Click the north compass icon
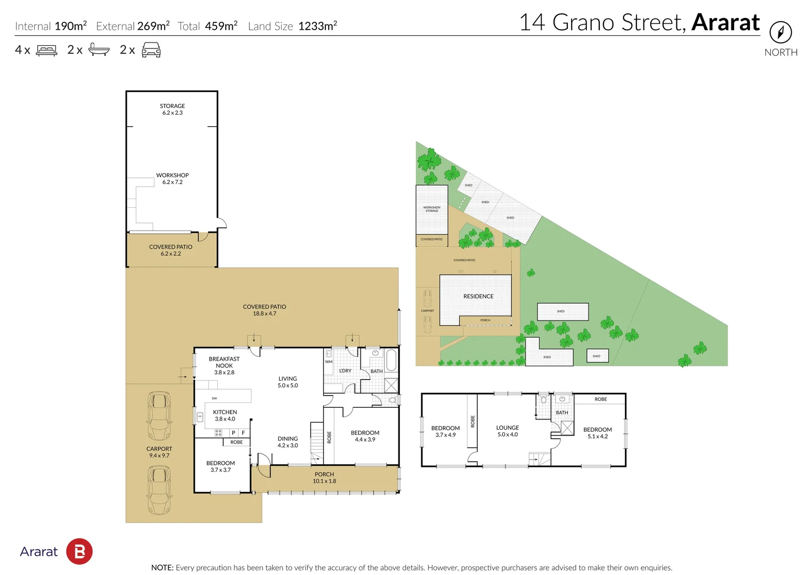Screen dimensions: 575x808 click(780, 32)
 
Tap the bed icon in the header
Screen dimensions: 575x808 click(46, 51)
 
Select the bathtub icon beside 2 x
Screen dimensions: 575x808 click(99, 50)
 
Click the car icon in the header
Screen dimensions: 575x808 click(151, 50)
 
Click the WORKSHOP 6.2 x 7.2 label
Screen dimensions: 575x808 click(172, 178)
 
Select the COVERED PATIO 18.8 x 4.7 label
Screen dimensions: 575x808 click(264, 310)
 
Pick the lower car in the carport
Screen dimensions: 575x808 click(159, 490)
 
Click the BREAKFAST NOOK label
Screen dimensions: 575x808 click(224, 365)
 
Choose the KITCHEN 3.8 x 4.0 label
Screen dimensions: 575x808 click(225, 415)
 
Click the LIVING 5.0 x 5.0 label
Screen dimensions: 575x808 click(288, 382)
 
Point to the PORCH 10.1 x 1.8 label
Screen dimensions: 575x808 click(324, 478)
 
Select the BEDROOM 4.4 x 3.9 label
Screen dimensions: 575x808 click(365, 436)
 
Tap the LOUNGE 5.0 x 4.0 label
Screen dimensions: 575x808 click(507, 431)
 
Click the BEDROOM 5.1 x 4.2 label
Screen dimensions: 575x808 click(597, 433)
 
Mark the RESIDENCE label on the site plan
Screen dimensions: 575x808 click(478, 297)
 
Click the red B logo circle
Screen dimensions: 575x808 click(79, 552)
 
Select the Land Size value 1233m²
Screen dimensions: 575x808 click(317, 26)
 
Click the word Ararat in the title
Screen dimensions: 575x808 click(725, 22)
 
